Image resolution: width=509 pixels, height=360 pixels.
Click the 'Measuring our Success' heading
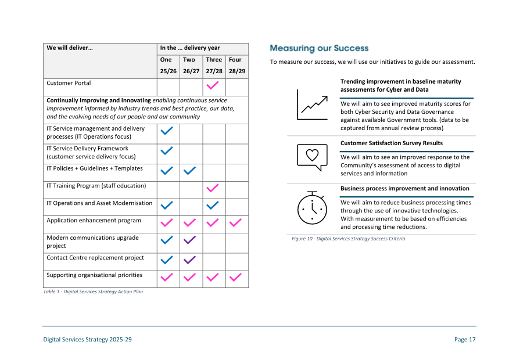(x=319, y=48)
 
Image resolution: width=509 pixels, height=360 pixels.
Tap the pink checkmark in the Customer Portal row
(x=213, y=85)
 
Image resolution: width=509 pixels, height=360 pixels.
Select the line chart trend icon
(x=312, y=105)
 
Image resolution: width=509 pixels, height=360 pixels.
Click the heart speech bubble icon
(x=312, y=156)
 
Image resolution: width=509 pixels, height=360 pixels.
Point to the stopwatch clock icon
(x=312, y=207)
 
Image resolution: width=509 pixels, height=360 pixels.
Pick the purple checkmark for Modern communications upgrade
(x=190, y=240)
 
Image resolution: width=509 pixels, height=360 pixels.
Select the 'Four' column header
(x=235, y=60)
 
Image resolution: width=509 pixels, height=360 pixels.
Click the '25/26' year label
(x=168, y=71)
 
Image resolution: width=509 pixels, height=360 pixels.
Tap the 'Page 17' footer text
(x=464, y=340)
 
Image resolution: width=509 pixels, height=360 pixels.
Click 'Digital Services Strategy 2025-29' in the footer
(x=88, y=340)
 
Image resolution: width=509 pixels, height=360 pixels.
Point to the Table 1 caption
(x=93, y=292)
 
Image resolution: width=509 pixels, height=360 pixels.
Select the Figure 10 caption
(x=348, y=239)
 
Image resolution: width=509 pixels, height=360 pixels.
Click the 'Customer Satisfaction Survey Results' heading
(x=391, y=143)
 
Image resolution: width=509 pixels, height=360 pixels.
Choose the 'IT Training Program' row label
(x=96, y=186)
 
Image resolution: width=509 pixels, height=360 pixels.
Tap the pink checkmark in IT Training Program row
(x=213, y=188)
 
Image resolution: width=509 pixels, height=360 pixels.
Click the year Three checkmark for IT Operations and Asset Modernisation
(x=213, y=205)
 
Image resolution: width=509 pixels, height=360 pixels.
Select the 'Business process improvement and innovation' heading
(x=404, y=189)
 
